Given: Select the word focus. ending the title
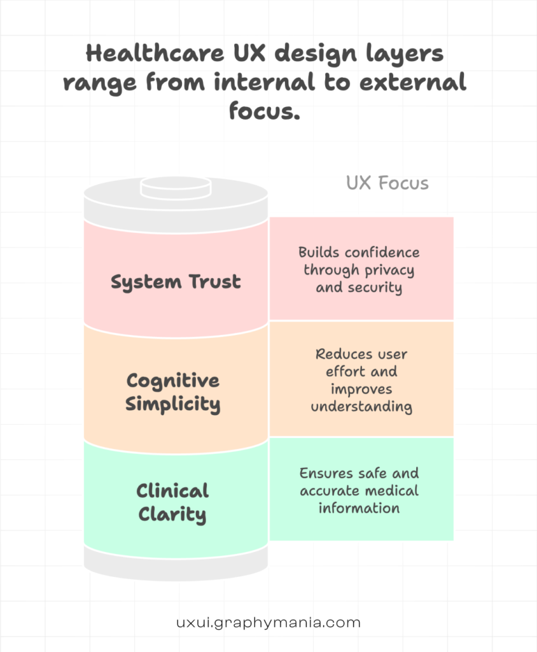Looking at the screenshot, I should point(264,111).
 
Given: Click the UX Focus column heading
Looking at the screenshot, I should point(387,183).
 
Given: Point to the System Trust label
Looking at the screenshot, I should point(176,281).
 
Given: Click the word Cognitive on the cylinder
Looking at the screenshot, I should point(173,381).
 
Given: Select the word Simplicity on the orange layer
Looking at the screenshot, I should point(173,404).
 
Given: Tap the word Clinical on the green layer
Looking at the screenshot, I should point(172,491).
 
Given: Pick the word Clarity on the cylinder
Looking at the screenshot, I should point(172,514).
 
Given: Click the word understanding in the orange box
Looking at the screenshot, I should point(361,406).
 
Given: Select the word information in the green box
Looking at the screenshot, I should point(359,508).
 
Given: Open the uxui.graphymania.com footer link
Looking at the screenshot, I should point(268,622).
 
